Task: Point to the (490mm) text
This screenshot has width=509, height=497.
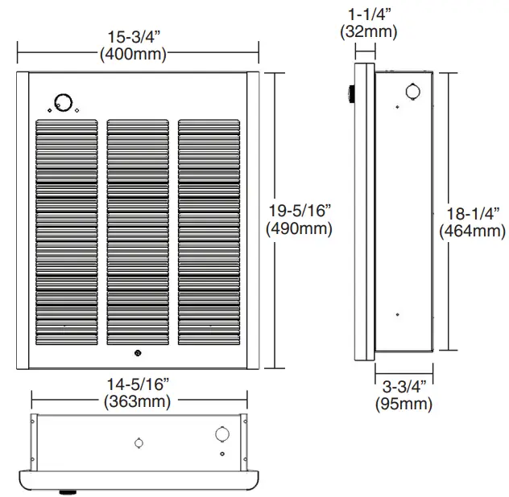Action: [299, 229]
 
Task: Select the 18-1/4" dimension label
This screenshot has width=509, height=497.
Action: [473, 214]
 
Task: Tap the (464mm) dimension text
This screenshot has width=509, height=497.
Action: [473, 232]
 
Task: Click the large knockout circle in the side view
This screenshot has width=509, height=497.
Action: [411, 91]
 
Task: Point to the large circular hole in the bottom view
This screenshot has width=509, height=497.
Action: [221, 435]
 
